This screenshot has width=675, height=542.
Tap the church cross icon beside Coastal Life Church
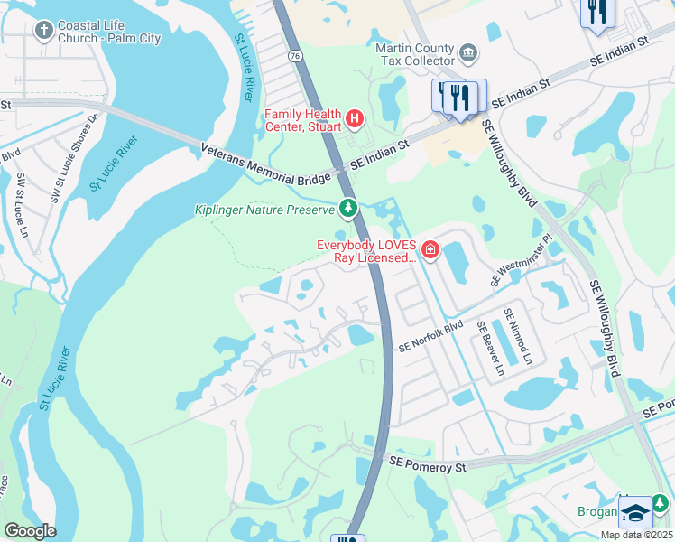click(42, 33)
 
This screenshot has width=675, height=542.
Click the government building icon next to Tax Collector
click(468, 53)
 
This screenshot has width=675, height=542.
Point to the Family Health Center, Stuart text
click(302, 119)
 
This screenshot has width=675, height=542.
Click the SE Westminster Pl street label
click(521, 261)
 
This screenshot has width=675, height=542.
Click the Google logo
click(29, 530)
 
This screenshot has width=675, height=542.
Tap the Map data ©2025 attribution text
click(635, 535)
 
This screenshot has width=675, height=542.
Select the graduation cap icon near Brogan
click(635, 512)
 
